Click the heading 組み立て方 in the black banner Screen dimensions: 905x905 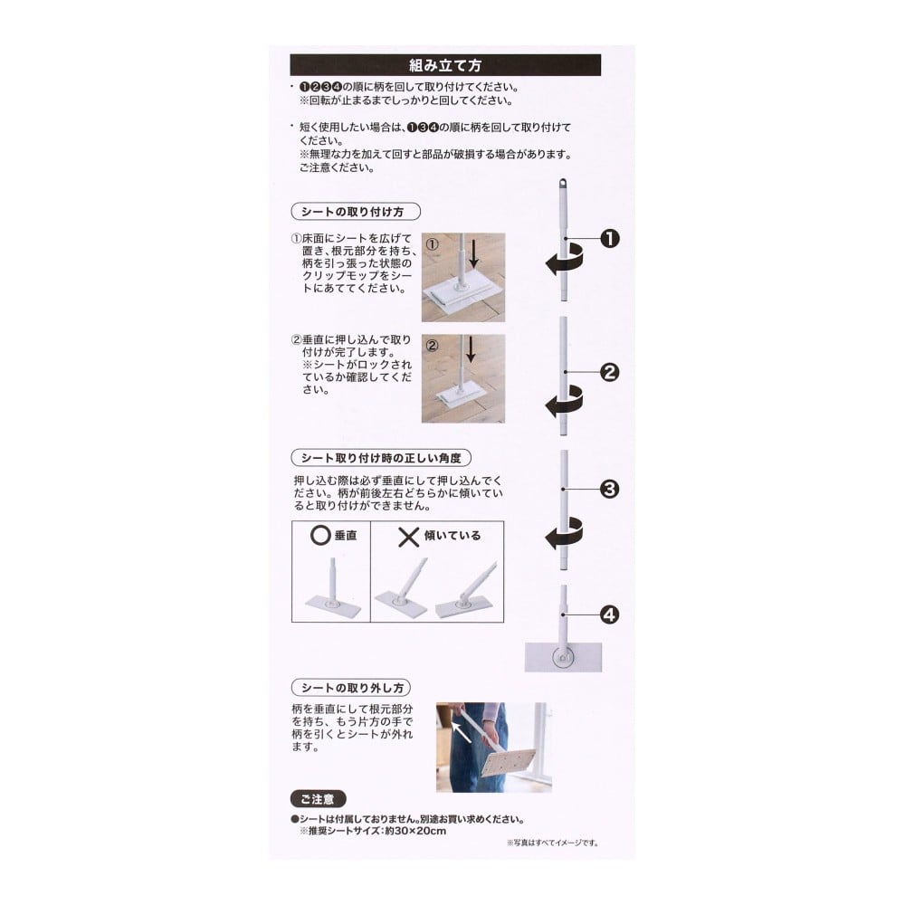(445, 65)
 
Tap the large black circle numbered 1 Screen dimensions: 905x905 (610, 238)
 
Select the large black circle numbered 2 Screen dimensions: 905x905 (610, 372)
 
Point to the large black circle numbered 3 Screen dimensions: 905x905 (610, 490)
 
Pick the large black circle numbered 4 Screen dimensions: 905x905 (610, 614)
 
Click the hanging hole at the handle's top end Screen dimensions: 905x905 (563, 185)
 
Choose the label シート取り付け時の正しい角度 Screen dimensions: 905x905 (382, 458)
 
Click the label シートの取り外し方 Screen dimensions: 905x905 (351, 688)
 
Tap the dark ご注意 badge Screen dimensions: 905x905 (318, 799)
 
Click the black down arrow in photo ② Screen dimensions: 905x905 (471, 349)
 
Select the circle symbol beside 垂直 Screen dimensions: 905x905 (320, 536)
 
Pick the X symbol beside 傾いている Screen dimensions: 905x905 (409, 537)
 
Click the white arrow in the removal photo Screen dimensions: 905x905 (462, 733)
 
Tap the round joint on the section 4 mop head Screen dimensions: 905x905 (563, 657)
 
